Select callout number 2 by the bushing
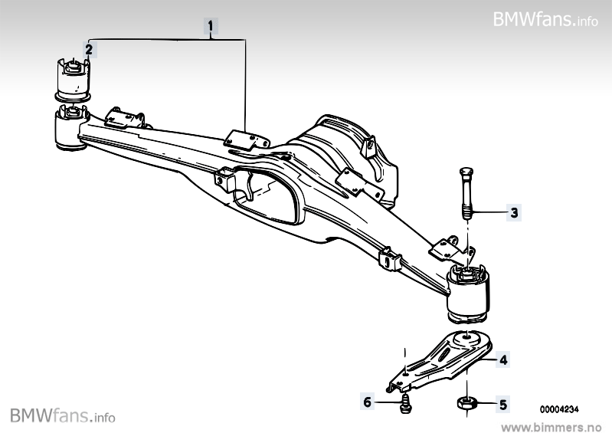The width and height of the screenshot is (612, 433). pyautogui.click(x=90, y=50)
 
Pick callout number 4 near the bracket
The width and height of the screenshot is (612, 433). pyautogui.click(x=503, y=358)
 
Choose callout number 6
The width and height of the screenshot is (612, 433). pyautogui.click(x=367, y=401)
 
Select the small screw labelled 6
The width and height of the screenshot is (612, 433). pyautogui.click(x=404, y=404)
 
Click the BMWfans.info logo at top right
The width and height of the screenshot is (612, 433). pyautogui.click(x=545, y=18)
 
